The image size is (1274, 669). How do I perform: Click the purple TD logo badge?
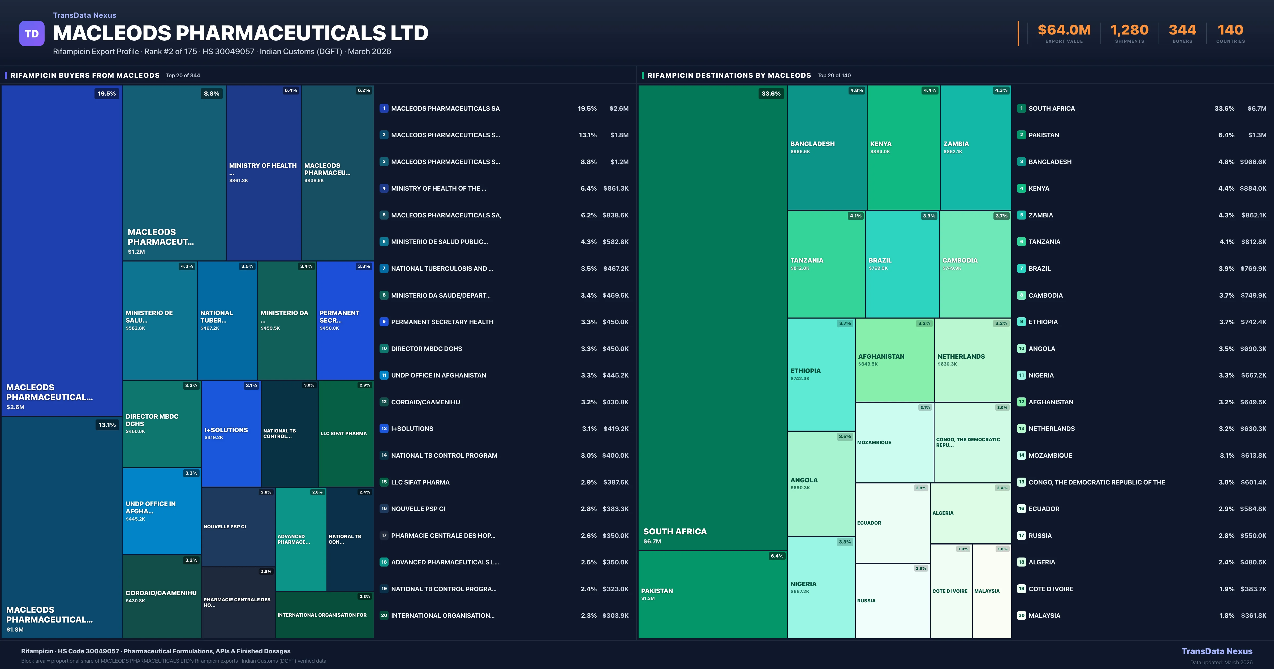(x=32, y=34)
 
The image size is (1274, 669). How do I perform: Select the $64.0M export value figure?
(x=1064, y=30)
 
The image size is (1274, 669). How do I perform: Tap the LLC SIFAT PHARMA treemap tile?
(x=346, y=434)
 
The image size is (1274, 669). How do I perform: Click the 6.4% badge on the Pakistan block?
(x=776, y=556)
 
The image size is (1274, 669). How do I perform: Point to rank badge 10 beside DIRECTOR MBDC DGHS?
(x=384, y=348)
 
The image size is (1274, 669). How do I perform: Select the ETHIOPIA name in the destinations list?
(x=1043, y=322)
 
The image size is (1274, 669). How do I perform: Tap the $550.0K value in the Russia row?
(x=1253, y=535)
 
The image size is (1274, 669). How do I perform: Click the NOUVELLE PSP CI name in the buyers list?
(x=418, y=509)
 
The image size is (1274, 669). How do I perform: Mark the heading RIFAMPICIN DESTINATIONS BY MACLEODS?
(x=729, y=75)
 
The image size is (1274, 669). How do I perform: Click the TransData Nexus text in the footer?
(x=1217, y=651)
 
